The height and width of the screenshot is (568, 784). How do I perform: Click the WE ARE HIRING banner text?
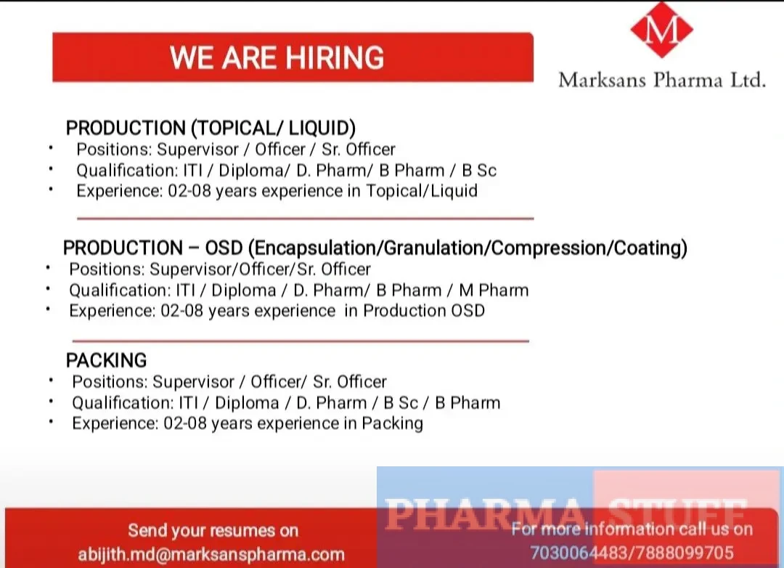(277, 57)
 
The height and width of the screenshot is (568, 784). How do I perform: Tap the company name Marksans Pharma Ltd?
(661, 79)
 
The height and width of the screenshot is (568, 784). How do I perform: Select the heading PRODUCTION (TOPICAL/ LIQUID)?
(211, 129)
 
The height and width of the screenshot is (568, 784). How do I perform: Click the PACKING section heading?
(106, 360)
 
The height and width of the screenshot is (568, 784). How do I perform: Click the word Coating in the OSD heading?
(648, 248)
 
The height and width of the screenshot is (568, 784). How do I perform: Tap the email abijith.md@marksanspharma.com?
(211, 554)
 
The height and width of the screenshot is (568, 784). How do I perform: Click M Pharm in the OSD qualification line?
(494, 291)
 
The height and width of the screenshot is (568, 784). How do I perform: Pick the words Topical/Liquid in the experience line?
(422, 191)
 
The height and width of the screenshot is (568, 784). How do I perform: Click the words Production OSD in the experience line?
(424, 311)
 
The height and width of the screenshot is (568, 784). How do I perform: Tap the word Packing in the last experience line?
(392, 423)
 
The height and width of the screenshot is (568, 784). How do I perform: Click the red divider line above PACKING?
(301, 341)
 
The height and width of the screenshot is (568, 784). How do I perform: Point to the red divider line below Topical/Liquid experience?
(305, 218)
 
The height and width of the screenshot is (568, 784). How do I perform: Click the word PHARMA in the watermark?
(483, 514)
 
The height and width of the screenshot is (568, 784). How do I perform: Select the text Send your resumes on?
(213, 531)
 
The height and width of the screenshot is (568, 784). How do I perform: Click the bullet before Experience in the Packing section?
(52, 421)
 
